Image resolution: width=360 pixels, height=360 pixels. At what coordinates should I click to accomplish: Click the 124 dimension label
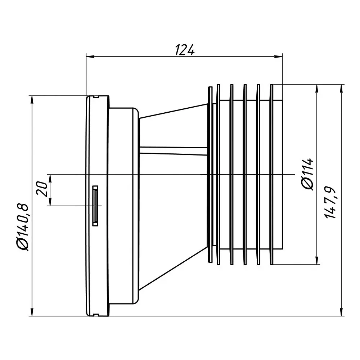pyautogui.click(x=185, y=50)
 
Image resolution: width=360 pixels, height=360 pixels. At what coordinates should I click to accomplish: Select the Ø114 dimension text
pyautogui.click(x=308, y=174)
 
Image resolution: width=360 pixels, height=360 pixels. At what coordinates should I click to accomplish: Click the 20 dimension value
pyautogui.click(x=42, y=188)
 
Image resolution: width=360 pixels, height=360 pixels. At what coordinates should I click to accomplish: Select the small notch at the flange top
pyautogui.click(x=95, y=96)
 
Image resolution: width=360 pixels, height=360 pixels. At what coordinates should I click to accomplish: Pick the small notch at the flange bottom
pyautogui.click(x=95, y=315)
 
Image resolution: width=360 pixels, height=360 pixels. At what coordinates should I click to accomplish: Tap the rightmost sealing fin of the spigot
pyautogui.click(x=273, y=174)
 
